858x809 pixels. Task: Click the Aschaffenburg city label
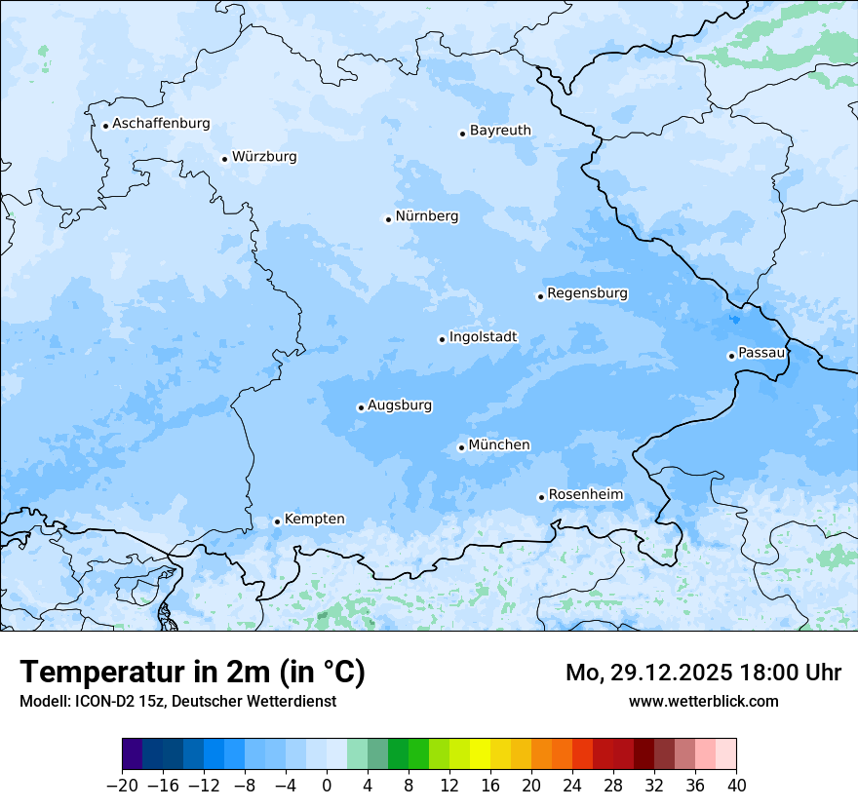tap(161, 124)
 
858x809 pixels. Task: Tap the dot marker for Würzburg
tap(224, 159)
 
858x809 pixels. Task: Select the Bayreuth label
tap(500, 131)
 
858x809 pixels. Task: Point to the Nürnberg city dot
tap(388, 219)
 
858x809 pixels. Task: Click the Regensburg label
tap(587, 293)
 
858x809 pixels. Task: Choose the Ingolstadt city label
tap(483, 337)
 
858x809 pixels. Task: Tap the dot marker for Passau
tap(731, 356)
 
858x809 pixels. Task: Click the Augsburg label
tap(400, 405)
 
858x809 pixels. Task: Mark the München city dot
tap(461, 448)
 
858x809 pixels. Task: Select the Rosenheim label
tap(585, 495)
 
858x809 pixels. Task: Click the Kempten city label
tap(314, 520)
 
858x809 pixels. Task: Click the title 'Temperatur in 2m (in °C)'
tap(193, 673)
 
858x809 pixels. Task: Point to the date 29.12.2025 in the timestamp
tap(673, 673)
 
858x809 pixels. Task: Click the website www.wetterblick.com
tap(703, 701)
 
